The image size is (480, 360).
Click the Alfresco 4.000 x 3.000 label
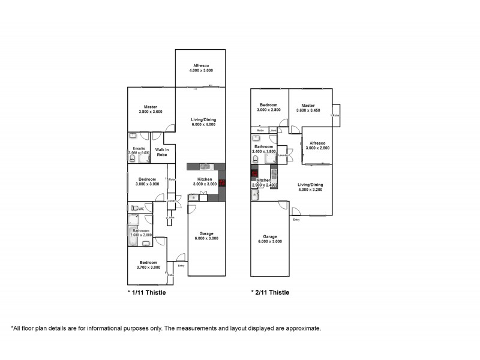[200, 68]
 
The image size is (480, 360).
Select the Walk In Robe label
[161, 152]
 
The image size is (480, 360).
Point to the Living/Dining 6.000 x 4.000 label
[204, 122]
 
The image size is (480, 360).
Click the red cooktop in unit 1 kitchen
[221, 182]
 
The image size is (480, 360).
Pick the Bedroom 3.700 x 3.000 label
[148, 265]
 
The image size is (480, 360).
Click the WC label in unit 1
[140, 208]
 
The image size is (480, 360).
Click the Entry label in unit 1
[181, 265]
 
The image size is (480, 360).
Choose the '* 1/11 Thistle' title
[146, 293]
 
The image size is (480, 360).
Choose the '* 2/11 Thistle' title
[270, 293]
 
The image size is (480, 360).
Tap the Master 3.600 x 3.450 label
[308, 108]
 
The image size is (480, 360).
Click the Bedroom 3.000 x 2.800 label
[268, 108]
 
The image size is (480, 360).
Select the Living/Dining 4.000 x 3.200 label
[311, 187]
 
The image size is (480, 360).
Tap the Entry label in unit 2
[296, 220]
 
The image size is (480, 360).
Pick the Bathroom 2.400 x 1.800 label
[264, 149]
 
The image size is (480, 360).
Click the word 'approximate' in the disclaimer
[303, 328]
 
